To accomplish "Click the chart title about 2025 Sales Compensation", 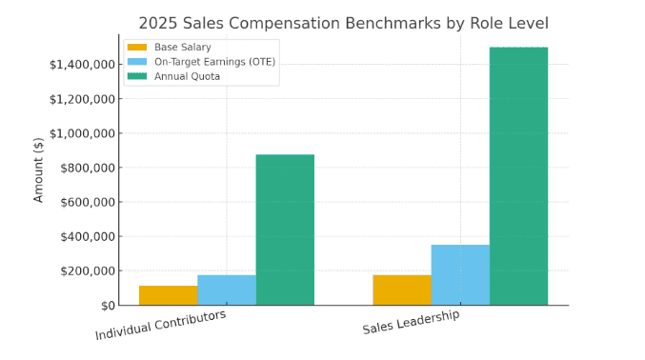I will coord(343,23).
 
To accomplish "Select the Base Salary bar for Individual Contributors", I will coord(169,295).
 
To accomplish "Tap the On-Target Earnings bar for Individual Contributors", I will coord(227,290).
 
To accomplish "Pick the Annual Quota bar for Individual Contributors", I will coord(285,230).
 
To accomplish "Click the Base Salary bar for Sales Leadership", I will coord(402,290).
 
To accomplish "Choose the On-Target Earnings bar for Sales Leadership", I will coord(460,274).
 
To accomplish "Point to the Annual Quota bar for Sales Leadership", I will coord(518,176).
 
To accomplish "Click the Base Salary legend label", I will coord(183,47).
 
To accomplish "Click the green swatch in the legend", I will coord(137,76).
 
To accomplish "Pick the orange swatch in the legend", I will coord(137,47).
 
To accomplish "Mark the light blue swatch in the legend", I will coord(137,61).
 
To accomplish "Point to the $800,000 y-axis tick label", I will coord(87,168).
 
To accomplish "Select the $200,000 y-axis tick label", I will coord(87,270).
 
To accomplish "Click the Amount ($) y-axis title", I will coord(39,170).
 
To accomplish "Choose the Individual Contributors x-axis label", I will coord(161,325).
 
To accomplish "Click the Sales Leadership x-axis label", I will coord(411,322).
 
